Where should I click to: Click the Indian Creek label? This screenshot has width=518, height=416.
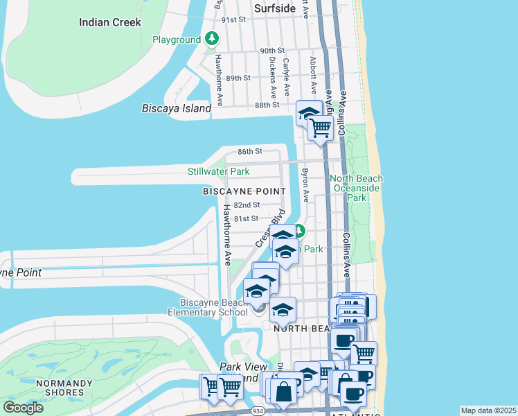[109, 22]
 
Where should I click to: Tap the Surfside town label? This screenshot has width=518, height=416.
[275, 8]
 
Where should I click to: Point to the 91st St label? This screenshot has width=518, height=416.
[233, 19]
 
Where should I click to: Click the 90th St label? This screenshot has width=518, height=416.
[272, 51]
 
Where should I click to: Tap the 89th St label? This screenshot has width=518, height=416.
[238, 78]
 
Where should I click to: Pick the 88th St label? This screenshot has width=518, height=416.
[267, 105]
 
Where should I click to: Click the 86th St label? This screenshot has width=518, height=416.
[250, 151]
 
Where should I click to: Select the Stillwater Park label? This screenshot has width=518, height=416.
[218, 171]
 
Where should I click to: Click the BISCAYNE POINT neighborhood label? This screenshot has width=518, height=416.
[244, 191]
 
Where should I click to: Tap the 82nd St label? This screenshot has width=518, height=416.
[247, 205]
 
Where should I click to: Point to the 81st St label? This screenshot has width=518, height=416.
[246, 218]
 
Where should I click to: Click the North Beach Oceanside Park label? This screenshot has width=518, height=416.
[357, 188]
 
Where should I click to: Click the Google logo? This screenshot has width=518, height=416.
[23, 408]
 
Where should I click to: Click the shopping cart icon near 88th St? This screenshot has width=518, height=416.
[320, 128]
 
